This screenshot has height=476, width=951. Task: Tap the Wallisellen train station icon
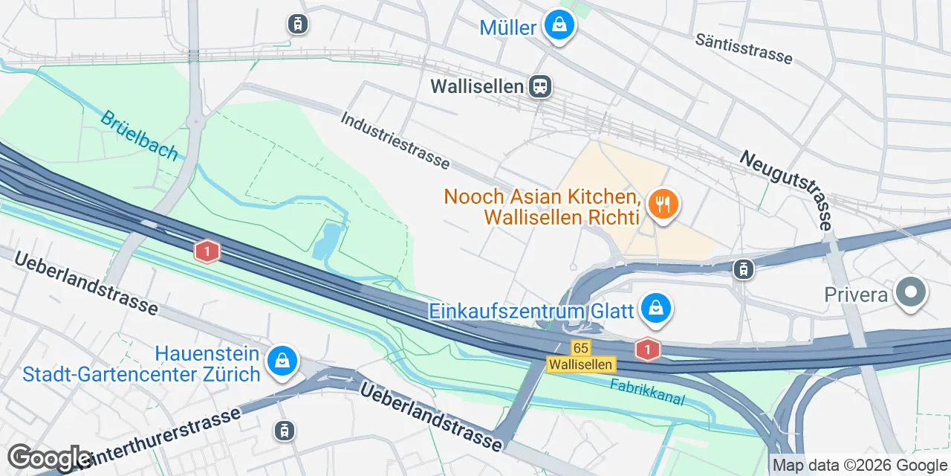tap(540, 86)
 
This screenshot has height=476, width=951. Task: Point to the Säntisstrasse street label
tap(744, 48)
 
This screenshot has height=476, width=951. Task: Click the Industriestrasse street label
tap(396, 140)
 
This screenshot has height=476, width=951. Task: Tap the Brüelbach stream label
tap(139, 135)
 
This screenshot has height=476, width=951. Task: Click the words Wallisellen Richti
tap(561, 217)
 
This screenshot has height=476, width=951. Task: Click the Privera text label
tap(856, 295)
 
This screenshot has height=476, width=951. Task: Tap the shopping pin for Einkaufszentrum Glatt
tap(655, 307)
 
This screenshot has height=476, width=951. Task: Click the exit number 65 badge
tap(581, 347)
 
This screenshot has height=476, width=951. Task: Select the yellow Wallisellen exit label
tap(581, 364)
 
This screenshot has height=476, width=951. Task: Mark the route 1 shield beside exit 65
tap(648, 348)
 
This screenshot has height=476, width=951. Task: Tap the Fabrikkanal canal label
tap(647, 392)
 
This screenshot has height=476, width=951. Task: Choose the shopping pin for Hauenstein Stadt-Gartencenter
tap(282, 361)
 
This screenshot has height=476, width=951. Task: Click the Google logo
tap(49, 458)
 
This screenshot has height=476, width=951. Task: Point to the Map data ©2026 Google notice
tap(860, 466)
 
